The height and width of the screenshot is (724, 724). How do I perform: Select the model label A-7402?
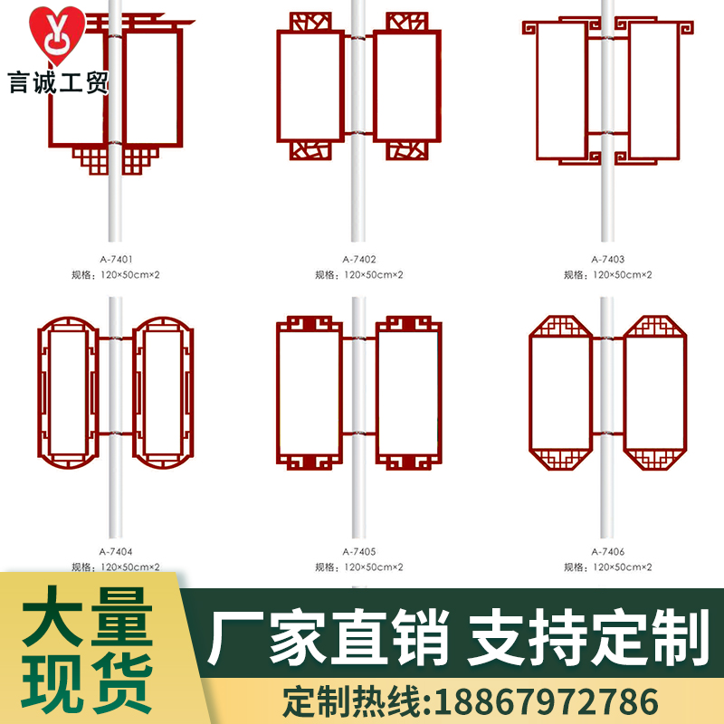[359, 259]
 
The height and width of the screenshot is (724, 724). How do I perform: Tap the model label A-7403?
[607, 259]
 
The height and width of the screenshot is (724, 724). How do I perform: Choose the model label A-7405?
[359, 551]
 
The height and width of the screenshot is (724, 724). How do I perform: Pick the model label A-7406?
[607, 551]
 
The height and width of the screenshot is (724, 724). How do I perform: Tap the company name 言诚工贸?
[59, 84]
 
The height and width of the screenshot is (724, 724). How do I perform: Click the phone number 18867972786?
[546, 700]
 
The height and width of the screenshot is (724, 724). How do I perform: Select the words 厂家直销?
[329, 637]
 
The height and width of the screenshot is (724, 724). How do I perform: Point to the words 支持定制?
[586, 637]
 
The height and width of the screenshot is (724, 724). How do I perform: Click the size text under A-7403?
[607, 274]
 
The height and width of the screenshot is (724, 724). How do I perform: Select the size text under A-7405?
[359, 567]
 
